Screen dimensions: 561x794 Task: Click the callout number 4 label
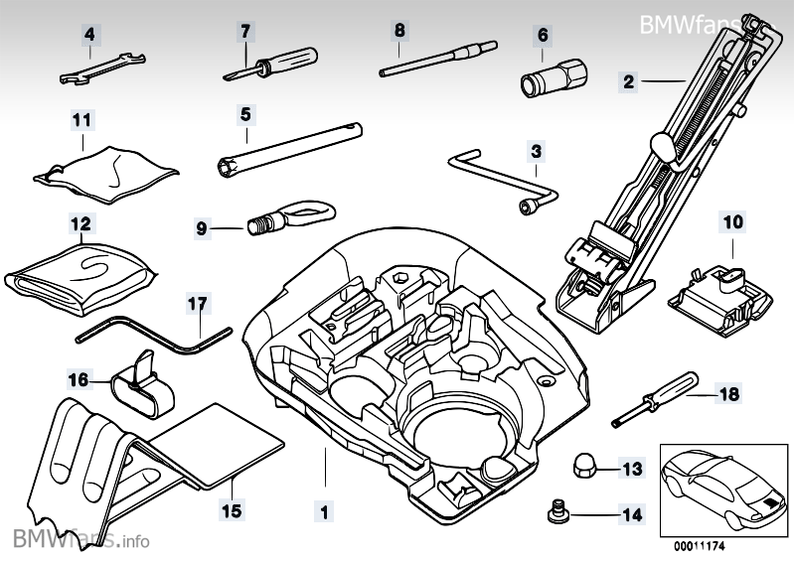point(89,35)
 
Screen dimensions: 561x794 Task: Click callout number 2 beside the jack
point(628,81)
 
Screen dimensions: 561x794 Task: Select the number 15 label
point(231,512)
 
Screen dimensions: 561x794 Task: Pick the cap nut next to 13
point(583,465)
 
